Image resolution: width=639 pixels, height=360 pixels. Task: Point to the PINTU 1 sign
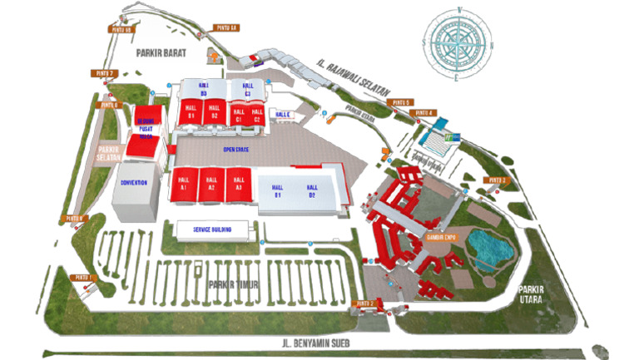(82, 277)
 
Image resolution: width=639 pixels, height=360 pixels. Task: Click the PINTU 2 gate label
(366, 304)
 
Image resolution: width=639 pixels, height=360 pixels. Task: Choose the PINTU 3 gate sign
(498, 180)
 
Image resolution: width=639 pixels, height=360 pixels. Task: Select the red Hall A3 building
(239, 184)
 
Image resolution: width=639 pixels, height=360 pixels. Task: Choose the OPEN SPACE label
(236, 149)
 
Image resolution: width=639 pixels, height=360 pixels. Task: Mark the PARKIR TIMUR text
(235, 284)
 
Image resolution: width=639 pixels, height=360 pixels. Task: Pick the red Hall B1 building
(191, 111)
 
